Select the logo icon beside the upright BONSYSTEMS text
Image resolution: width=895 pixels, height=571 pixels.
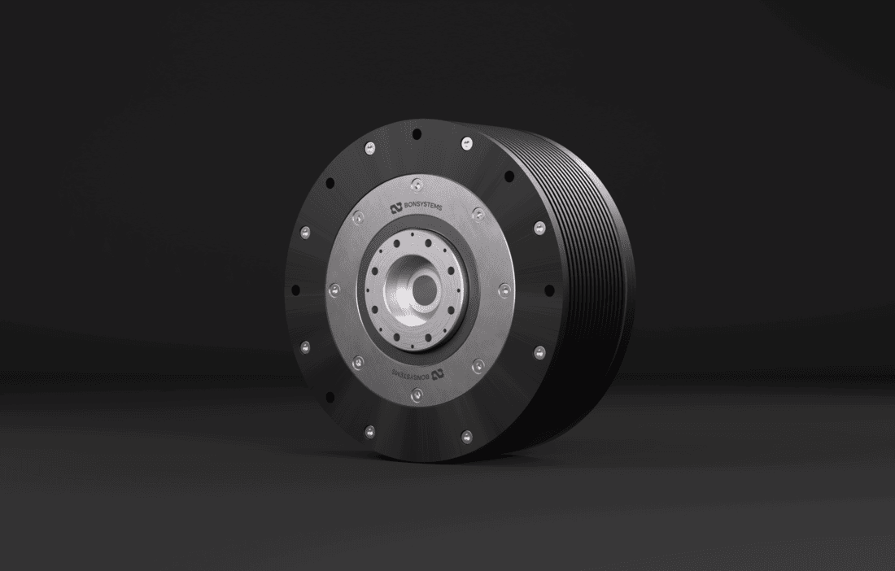point(396,208)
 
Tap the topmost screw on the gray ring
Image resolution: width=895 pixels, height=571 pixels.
point(417,181)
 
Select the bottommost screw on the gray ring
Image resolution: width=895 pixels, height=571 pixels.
point(417,394)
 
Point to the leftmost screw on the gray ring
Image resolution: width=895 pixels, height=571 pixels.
point(333,289)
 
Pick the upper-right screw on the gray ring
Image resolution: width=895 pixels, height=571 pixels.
point(478,213)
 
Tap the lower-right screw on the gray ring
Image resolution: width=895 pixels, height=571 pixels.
point(478,364)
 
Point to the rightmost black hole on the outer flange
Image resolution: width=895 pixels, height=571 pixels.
point(550,290)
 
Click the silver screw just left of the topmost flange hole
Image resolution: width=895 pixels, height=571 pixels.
point(369,146)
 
